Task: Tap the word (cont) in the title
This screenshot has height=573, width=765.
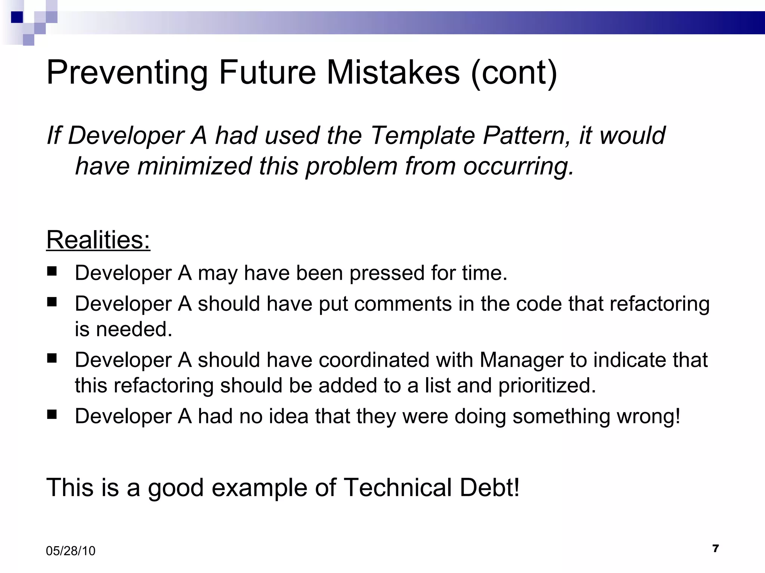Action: [514, 73]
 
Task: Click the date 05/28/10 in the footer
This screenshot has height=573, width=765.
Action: [71, 551]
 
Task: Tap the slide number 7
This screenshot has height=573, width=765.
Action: [715, 548]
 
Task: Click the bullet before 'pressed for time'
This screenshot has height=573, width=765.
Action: [52, 270]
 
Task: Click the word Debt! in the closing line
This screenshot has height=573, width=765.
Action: [489, 488]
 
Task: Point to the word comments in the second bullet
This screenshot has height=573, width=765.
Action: [403, 304]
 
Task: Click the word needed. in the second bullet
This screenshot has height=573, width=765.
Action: [134, 329]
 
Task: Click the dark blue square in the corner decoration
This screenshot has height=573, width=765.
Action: [17, 17]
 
